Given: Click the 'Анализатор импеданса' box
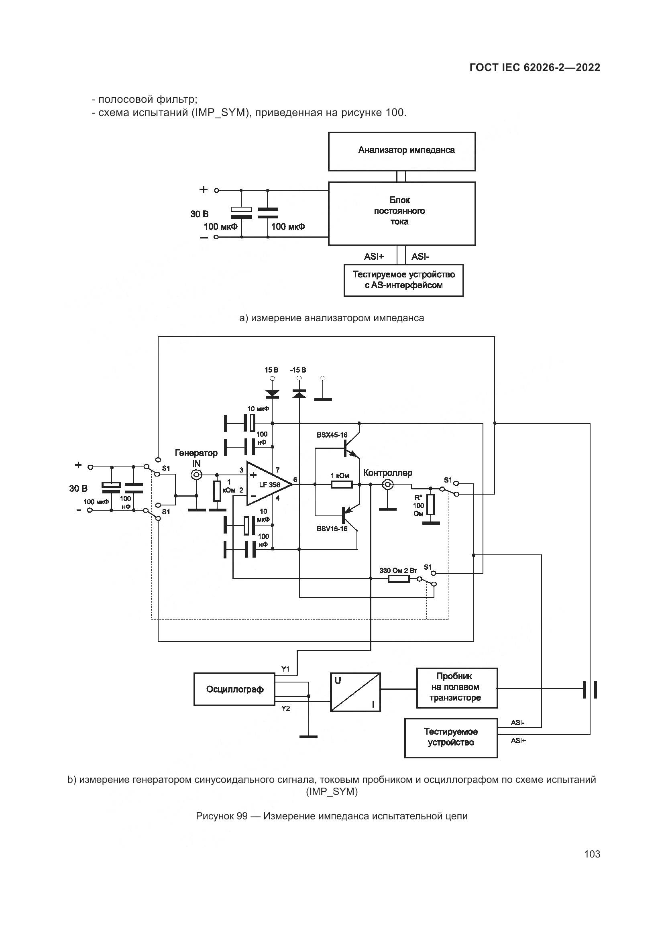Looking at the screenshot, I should point(401,151).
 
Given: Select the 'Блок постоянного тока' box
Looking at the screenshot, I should point(401,214).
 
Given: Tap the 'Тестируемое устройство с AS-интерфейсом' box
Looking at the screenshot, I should point(403,280).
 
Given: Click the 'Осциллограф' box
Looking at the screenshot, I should point(234,689).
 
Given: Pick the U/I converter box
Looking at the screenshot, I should point(355,692).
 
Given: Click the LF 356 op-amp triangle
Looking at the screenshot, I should point(268,485).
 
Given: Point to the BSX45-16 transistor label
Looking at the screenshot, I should point(332,435).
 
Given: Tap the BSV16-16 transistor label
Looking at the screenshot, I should point(332,529).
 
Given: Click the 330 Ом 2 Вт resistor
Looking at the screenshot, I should point(398,579).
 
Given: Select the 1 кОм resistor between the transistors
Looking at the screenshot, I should point(342,485).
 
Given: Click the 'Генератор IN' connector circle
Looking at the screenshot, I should point(197,475).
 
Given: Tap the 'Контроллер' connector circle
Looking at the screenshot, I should point(387,485).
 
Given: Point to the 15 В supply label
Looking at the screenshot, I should point(271,370).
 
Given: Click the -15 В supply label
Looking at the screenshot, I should point(298,370).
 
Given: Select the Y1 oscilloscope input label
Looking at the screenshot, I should point(285,669).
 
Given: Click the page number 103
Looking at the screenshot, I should point(592,854).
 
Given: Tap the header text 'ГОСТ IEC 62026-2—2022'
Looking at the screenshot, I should point(535,68).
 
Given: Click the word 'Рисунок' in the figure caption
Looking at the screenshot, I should point(215,816).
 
